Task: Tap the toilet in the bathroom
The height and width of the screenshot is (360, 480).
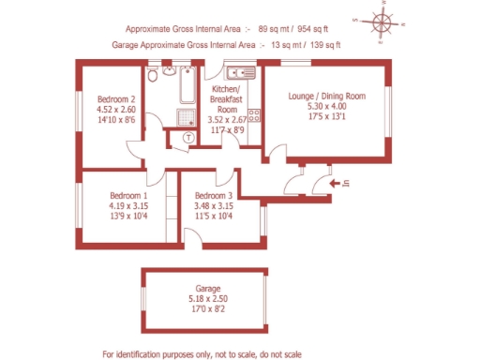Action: tap(169, 71)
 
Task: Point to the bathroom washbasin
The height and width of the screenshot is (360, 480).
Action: tap(153, 71)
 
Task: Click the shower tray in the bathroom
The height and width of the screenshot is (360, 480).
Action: tap(186, 116)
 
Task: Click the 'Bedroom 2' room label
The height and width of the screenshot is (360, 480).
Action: tap(118, 98)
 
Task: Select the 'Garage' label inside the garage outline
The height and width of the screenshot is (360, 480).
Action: tap(207, 289)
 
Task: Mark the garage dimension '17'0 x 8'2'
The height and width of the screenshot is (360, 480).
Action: tap(207, 309)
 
